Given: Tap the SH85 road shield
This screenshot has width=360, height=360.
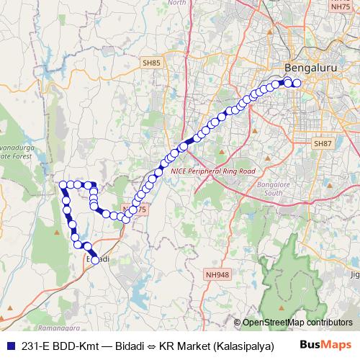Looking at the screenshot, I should click(x=150, y=63).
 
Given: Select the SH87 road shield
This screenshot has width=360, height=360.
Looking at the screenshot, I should click(x=321, y=144).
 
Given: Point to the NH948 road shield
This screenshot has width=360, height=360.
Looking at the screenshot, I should click(x=217, y=274).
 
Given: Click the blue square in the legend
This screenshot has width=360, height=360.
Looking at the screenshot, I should click(x=9, y=345).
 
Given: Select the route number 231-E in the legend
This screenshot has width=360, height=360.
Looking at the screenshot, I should click(x=33, y=345).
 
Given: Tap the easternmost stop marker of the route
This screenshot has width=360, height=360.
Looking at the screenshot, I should click(x=297, y=83).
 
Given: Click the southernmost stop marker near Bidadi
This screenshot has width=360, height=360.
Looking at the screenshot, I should click(x=95, y=261).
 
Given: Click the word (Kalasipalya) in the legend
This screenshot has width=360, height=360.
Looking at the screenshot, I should click(x=244, y=345).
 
